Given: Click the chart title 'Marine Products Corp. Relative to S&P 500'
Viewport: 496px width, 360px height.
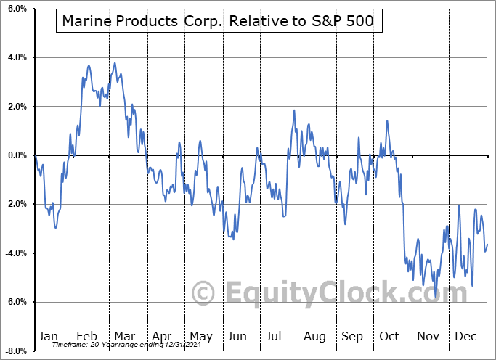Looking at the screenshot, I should [x=218, y=22].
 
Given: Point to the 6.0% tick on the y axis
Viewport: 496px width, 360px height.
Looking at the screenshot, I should [x=16, y=9].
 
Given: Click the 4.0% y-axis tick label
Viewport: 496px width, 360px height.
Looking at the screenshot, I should [x=16, y=57].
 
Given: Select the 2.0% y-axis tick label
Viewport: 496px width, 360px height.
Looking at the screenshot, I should [x=16, y=107].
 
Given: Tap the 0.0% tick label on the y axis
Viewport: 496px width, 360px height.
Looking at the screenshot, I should [x=16, y=155].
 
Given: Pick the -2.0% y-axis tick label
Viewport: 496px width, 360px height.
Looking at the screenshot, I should [x=15, y=205].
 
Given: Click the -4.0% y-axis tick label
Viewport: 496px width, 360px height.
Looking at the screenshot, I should [x=15, y=253].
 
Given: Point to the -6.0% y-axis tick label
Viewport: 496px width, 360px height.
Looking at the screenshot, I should [x=15, y=302].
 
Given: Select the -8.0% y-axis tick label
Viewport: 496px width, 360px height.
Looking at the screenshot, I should [x=15, y=351].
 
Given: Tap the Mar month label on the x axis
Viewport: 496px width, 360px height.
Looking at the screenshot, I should [x=124, y=337].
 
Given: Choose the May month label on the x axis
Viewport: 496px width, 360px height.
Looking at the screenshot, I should [x=201, y=337].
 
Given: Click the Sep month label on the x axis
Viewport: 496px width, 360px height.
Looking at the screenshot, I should [x=352, y=337].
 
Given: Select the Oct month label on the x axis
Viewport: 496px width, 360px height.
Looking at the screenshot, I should [x=390, y=337].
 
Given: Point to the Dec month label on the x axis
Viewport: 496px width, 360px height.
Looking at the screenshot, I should [x=466, y=337].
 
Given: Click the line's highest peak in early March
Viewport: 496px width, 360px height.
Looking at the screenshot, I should [x=114, y=62].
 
